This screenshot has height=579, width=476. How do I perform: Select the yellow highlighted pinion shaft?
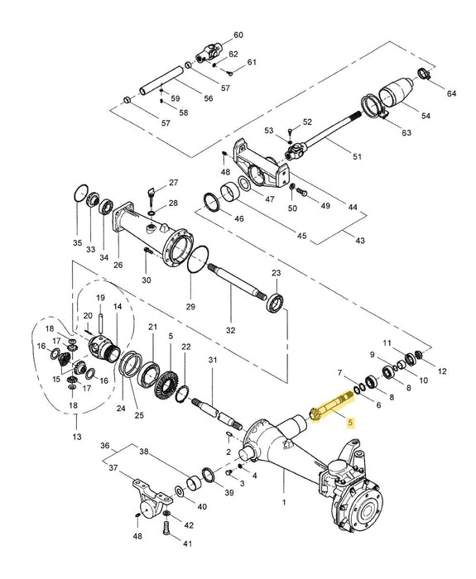(x=331, y=406)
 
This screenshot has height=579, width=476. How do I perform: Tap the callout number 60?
(x=239, y=35)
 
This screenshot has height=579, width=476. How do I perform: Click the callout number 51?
(x=358, y=156)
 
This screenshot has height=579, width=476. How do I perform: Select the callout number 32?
(x=231, y=329)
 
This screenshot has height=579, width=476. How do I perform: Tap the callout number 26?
(x=118, y=266)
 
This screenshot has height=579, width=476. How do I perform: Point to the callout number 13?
(x=77, y=435)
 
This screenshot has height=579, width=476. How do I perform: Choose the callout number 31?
(x=212, y=360)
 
